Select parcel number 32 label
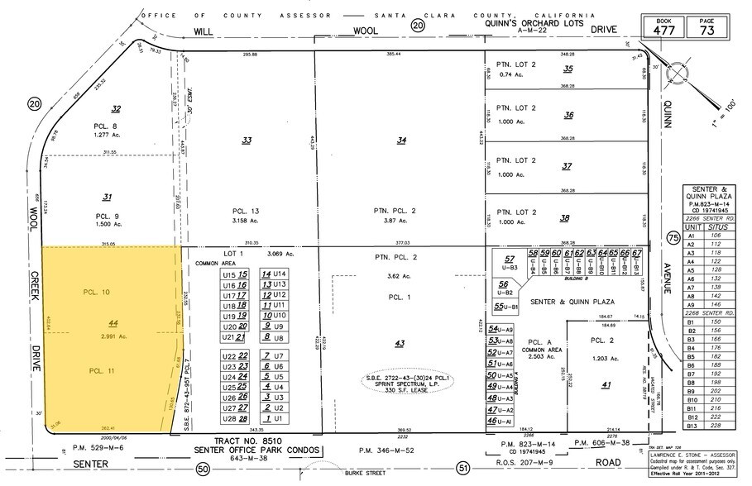[x=117, y=108]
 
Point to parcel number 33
[x=247, y=141]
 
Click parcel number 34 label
[x=401, y=141]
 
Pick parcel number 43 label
[x=400, y=343]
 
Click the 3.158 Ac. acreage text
[x=247, y=222]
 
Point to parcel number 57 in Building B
[x=510, y=260]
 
